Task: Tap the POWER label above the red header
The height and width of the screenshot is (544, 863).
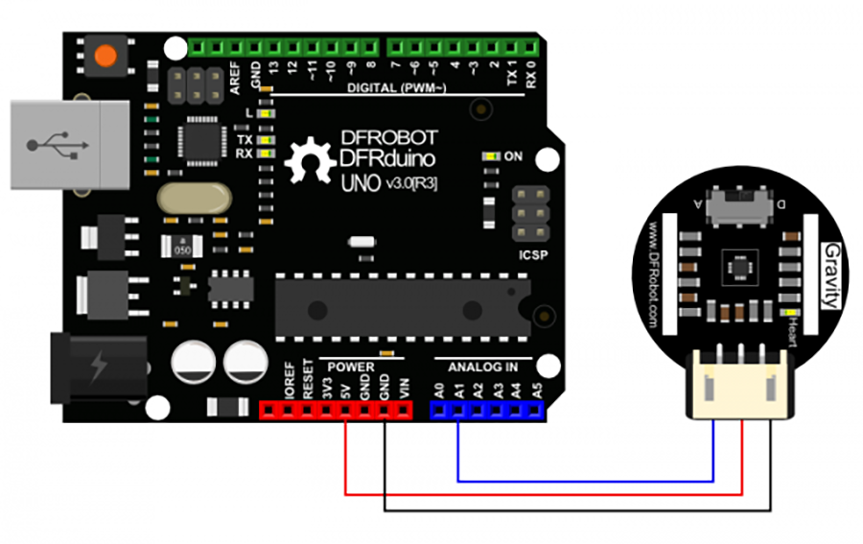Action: point(351,367)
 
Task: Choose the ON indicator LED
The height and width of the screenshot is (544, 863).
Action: point(491,155)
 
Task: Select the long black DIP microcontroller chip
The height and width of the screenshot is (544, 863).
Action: point(403,308)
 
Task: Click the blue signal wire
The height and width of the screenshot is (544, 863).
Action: point(585,478)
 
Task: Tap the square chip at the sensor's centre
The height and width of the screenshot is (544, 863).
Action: point(738,266)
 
